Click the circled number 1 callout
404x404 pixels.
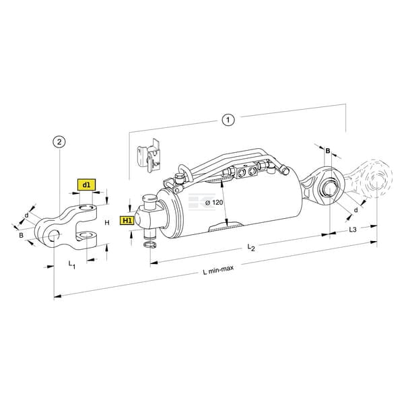point(228,120)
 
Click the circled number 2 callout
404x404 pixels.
point(59,141)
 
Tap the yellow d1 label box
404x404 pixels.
point(86,184)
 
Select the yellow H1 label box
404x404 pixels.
point(127,221)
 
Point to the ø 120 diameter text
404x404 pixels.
point(214,203)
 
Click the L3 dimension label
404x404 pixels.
point(353,230)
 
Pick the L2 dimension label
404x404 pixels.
point(251,247)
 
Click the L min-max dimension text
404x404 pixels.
point(218,270)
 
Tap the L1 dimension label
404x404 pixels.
point(72,265)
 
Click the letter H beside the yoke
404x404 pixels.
point(107,223)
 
